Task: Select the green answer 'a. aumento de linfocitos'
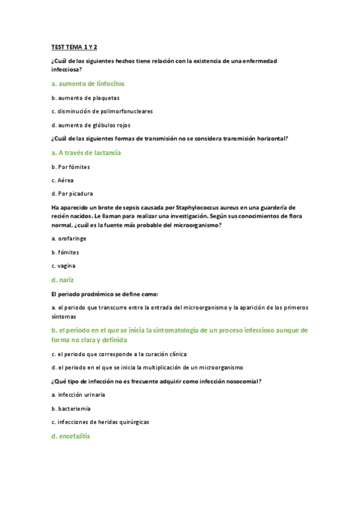pos(88,84)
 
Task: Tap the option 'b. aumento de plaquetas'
pos(85,97)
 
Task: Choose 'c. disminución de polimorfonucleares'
pos(102,111)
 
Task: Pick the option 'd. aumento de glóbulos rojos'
pos(91,125)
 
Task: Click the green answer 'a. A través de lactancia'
pos(86,153)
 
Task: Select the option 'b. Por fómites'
pos(70,167)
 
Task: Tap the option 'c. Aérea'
pos(63,180)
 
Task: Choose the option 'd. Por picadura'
pos(72,194)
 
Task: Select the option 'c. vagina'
pos(64,266)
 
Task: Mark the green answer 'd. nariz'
pos(63,280)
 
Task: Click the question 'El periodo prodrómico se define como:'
pos(105,294)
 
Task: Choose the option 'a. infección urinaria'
pos(78,395)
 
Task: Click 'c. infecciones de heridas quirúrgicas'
pos(100,422)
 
